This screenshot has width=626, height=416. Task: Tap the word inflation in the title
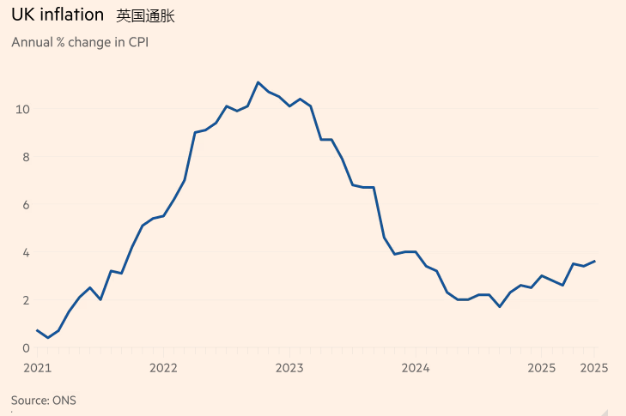point(71,15)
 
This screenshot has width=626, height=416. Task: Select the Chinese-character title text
point(145,16)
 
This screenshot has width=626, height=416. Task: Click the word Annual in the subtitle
point(32,42)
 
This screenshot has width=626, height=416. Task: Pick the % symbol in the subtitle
point(61,42)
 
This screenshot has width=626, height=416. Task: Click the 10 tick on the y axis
point(22,109)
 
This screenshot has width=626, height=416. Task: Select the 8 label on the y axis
point(26,157)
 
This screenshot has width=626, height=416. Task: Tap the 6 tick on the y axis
point(26,205)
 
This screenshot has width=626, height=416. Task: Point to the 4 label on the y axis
point(26,252)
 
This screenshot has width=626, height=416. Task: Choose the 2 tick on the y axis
point(26,300)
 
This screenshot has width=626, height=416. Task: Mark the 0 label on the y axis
point(26,348)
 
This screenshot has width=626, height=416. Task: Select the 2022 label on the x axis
point(163,368)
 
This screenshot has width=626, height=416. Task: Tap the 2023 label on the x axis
point(289,368)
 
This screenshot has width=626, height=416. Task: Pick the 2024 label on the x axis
point(416,368)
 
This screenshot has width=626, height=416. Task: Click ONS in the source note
point(64,400)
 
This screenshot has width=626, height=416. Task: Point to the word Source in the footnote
point(29,400)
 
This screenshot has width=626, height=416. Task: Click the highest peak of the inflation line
point(258,82)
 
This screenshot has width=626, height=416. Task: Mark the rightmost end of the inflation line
point(594,262)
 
